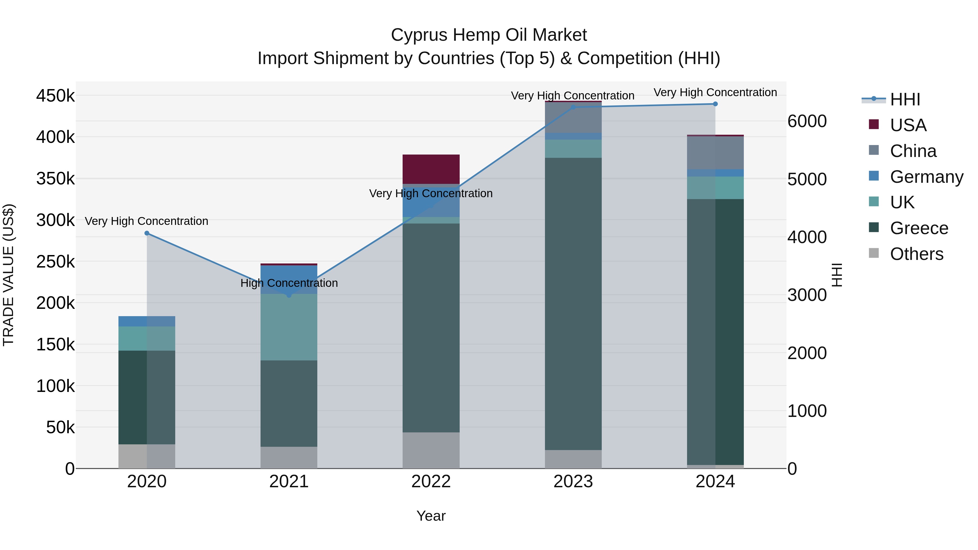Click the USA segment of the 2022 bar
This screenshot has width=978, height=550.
click(x=431, y=169)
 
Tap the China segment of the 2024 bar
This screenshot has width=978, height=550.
click(x=715, y=153)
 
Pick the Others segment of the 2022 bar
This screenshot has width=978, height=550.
click(x=431, y=450)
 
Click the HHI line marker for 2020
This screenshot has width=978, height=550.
click(x=147, y=233)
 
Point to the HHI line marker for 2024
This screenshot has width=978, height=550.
click(x=715, y=104)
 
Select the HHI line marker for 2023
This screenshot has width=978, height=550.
click(x=573, y=107)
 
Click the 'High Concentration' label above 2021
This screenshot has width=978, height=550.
click(x=289, y=283)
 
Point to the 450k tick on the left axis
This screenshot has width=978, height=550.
click(x=55, y=96)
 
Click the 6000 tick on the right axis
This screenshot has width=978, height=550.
click(x=807, y=121)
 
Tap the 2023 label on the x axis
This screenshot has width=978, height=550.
click(x=573, y=482)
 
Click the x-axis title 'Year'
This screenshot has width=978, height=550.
click(x=431, y=516)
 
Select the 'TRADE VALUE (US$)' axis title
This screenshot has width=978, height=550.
click(x=9, y=275)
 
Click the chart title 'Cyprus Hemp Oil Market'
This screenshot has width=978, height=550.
click(x=489, y=35)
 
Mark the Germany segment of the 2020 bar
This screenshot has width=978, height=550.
click(x=147, y=321)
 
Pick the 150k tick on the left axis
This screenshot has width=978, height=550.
click(x=55, y=345)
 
